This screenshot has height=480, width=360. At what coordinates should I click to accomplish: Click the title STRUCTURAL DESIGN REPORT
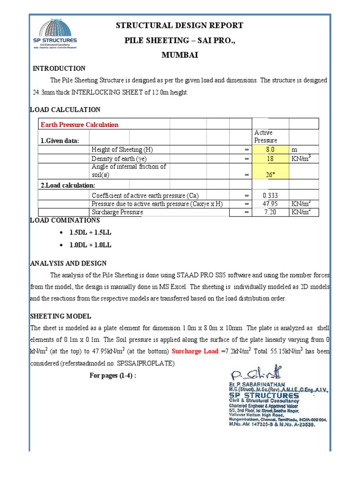tap(180, 25)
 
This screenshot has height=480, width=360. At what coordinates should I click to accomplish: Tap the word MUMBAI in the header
tap(180, 55)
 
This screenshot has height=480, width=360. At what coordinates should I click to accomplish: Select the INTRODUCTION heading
tap(59, 68)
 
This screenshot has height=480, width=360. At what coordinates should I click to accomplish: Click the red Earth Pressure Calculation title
tap(79, 125)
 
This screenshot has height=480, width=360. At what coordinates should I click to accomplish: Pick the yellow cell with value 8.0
tap(270, 150)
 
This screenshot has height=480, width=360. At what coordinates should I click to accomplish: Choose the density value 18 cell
tap(270, 159)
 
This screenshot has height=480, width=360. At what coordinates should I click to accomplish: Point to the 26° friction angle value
tap(270, 175)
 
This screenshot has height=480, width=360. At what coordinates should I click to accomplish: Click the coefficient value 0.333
tap(270, 195)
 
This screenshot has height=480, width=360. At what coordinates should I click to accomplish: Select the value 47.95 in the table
tap(270, 204)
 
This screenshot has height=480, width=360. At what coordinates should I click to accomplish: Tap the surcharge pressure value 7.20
tap(270, 212)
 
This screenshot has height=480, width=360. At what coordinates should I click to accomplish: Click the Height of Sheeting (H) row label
tap(122, 150)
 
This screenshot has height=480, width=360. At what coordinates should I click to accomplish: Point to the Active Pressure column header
tap(266, 136)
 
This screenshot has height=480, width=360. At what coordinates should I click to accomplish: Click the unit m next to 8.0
tap(295, 150)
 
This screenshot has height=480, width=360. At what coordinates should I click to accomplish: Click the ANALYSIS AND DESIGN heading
tap(68, 263)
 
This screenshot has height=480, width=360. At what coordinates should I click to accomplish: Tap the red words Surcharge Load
tap(195, 351)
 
